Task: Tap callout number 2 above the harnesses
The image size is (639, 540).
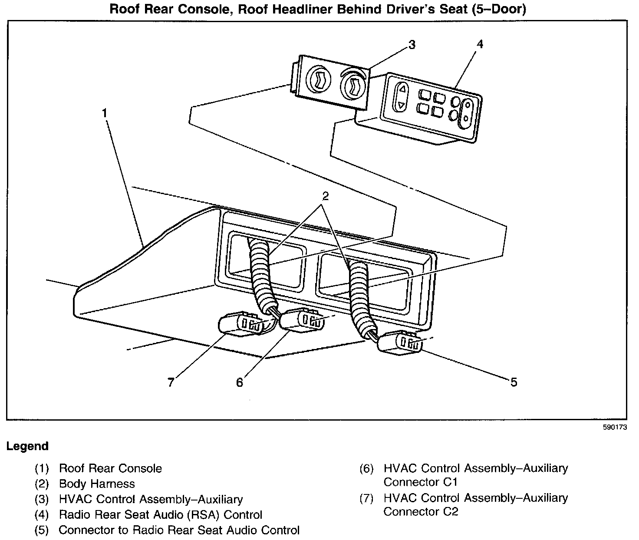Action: (x=325, y=196)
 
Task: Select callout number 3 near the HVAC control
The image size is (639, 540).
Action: (x=412, y=45)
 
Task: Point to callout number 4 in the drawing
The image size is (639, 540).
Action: (x=480, y=44)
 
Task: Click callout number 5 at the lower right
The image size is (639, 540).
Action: (x=514, y=382)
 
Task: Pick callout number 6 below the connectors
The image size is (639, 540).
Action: (x=240, y=382)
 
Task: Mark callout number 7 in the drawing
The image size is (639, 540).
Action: (x=171, y=382)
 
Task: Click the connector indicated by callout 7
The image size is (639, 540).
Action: (x=242, y=324)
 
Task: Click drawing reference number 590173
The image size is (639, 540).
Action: (x=615, y=427)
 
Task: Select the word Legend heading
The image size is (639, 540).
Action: (x=27, y=446)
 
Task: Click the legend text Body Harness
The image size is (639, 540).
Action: (x=97, y=484)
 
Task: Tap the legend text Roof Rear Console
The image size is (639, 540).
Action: (x=110, y=468)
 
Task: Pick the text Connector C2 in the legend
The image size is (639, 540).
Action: (x=421, y=511)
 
